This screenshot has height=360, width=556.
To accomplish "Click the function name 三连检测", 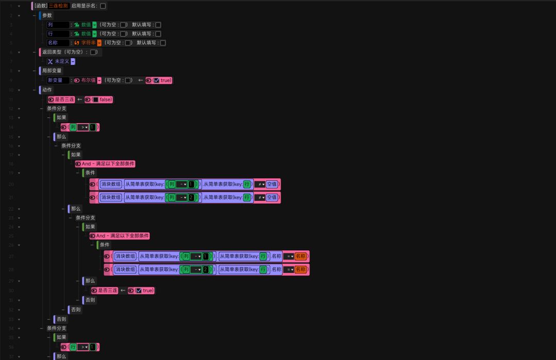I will coord(58,6).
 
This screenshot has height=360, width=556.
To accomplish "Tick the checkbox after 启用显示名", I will coord(103,6).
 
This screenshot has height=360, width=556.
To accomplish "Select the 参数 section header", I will coord(47,15).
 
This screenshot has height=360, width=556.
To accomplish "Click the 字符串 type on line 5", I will coord(88,43).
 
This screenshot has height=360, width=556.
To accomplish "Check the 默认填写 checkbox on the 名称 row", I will coord(163,43).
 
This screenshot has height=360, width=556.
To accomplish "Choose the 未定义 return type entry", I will coord(62,61).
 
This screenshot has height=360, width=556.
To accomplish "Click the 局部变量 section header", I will coord(52,71).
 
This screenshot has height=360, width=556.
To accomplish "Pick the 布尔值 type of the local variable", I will coord(88,80).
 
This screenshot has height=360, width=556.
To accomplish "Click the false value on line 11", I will coord(105,99).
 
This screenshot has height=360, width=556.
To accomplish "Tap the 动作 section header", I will coord(47,90).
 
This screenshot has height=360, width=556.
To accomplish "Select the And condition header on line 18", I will coord(108,164).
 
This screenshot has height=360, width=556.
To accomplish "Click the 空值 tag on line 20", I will coord(272,184).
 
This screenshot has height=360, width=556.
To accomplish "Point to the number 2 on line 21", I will coord(191,197).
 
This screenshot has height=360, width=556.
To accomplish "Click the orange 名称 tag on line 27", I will coord(300,256).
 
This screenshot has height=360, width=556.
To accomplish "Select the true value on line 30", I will coord(148,290).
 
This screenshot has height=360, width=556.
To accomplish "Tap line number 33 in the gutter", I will coord(11,319).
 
